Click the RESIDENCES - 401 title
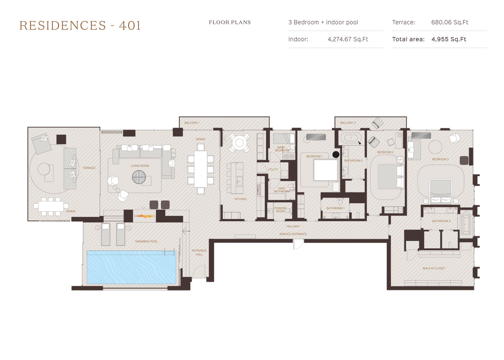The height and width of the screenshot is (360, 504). [x=80, y=26]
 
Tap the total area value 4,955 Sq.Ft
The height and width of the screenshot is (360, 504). [x=449, y=39]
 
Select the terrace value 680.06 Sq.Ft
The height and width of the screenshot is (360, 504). [x=450, y=22]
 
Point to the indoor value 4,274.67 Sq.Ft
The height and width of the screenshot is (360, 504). [x=348, y=39]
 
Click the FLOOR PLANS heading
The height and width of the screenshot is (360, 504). [x=230, y=22]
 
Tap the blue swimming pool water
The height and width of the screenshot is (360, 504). [x=132, y=267]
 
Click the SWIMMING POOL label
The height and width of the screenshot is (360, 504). [x=146, y=241]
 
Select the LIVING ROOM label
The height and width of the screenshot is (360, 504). [x=140, y=166]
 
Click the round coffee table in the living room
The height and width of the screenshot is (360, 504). [x=139, y=177]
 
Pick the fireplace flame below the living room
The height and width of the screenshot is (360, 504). [x=145, y=217]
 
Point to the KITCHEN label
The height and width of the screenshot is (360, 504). [x=240, y=199]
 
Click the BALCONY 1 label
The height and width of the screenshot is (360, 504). [x=192, y=123]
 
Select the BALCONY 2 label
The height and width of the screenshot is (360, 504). [x=348, y=123]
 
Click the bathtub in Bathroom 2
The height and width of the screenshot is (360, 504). [x=351, y=138]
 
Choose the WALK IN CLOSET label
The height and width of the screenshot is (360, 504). [x=433, y=268]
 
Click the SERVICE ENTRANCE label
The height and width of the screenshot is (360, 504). [x=293, y=234]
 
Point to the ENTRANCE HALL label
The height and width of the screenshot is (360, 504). [x=199, y=252]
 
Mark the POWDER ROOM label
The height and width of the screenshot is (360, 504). [x=280, y=210]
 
